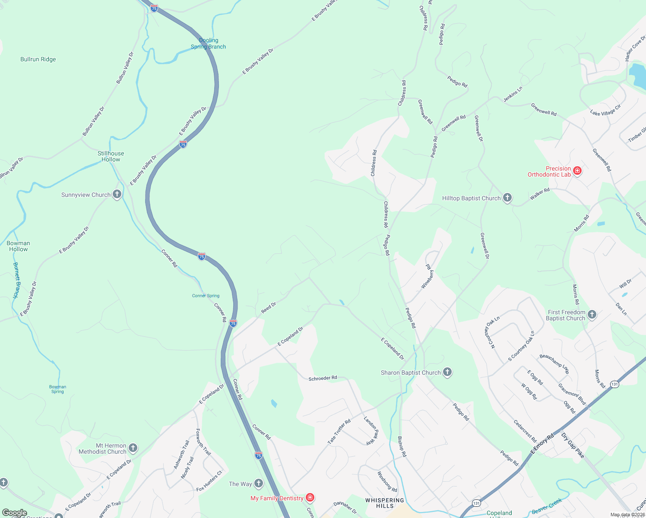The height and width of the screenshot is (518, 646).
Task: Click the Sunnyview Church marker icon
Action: coord(117,194)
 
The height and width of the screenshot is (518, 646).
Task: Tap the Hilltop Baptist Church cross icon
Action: coord(507,198)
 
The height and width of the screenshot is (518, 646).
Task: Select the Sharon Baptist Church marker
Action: coord(447,372)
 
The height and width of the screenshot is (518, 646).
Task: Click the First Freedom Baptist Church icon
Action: coord(592,315)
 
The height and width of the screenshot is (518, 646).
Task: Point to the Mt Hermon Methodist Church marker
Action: coord(133,448)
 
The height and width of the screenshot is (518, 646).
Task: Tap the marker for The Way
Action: coord(259,483)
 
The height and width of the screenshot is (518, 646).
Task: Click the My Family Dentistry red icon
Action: coord(310,498)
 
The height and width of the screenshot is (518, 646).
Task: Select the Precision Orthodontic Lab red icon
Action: coord(577,171)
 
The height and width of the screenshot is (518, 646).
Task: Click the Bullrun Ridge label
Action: coord(38,59)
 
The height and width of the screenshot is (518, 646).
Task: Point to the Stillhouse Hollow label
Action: coord(111,156)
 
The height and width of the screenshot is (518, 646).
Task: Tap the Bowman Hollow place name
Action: coord(18,246)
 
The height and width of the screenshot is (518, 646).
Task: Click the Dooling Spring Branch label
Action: coord(209,44)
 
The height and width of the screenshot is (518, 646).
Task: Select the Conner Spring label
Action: coord(206,296)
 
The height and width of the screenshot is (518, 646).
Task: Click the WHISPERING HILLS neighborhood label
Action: coord(385,503)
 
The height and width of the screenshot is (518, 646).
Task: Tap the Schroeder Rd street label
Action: coord(323,378)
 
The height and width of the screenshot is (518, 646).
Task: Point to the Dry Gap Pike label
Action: coord(573,445)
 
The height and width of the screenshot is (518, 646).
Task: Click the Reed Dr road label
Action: coord(269,308)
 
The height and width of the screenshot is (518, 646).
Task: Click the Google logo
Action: coord(14,513)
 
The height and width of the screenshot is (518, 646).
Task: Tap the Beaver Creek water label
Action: coord(547,506)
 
